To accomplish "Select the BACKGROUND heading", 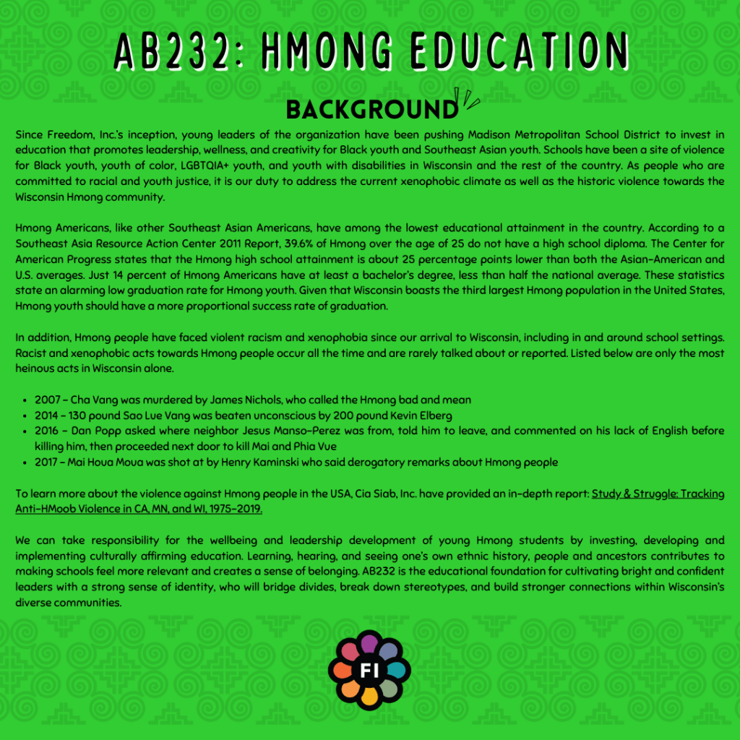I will tap(371, 109).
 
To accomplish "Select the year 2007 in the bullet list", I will tap(48, 400).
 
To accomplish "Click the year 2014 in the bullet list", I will tap(48, 415).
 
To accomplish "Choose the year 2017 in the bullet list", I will tap(48, 462).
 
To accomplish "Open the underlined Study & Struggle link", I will tap(658, 494).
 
